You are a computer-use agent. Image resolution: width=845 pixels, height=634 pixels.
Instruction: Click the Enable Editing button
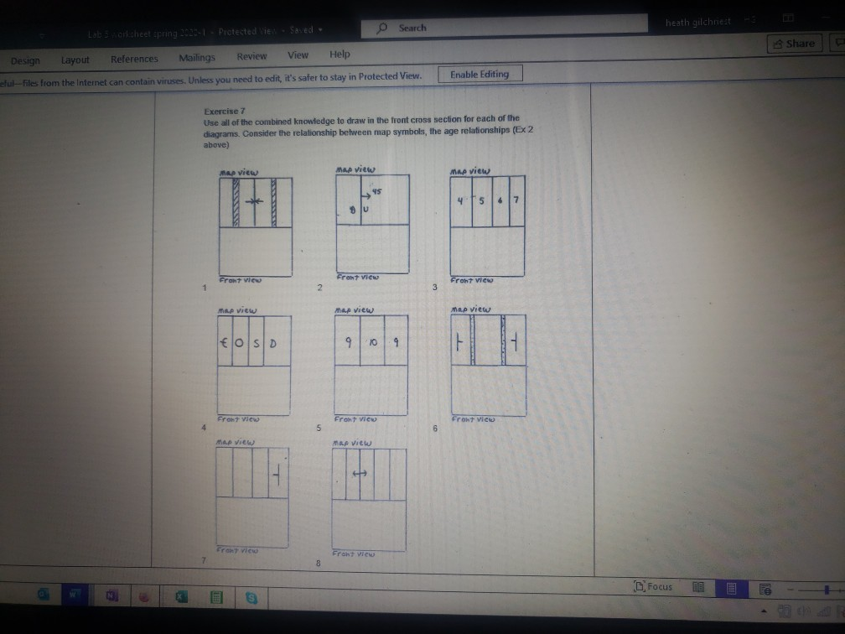(x=480, y=75)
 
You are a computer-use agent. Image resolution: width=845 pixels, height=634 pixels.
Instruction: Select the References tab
(x=134, y=60)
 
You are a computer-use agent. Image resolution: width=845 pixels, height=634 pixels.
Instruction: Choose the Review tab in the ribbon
(x=251, y=56)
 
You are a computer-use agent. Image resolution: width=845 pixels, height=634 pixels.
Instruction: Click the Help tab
(x=340, y=55)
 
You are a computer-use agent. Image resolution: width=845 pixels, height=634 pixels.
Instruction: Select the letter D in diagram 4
(x=273, y=345)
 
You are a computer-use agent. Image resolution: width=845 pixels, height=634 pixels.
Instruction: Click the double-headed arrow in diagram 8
(x=360, y=474)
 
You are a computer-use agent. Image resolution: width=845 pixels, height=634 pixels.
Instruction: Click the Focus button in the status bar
(x=654, y=586)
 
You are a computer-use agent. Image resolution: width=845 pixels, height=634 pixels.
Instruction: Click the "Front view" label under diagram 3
(x=473, y=281)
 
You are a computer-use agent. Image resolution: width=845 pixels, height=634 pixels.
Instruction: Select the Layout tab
(x=75, y=60)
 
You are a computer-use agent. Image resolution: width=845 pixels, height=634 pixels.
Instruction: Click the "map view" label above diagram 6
(x=470, y=309)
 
